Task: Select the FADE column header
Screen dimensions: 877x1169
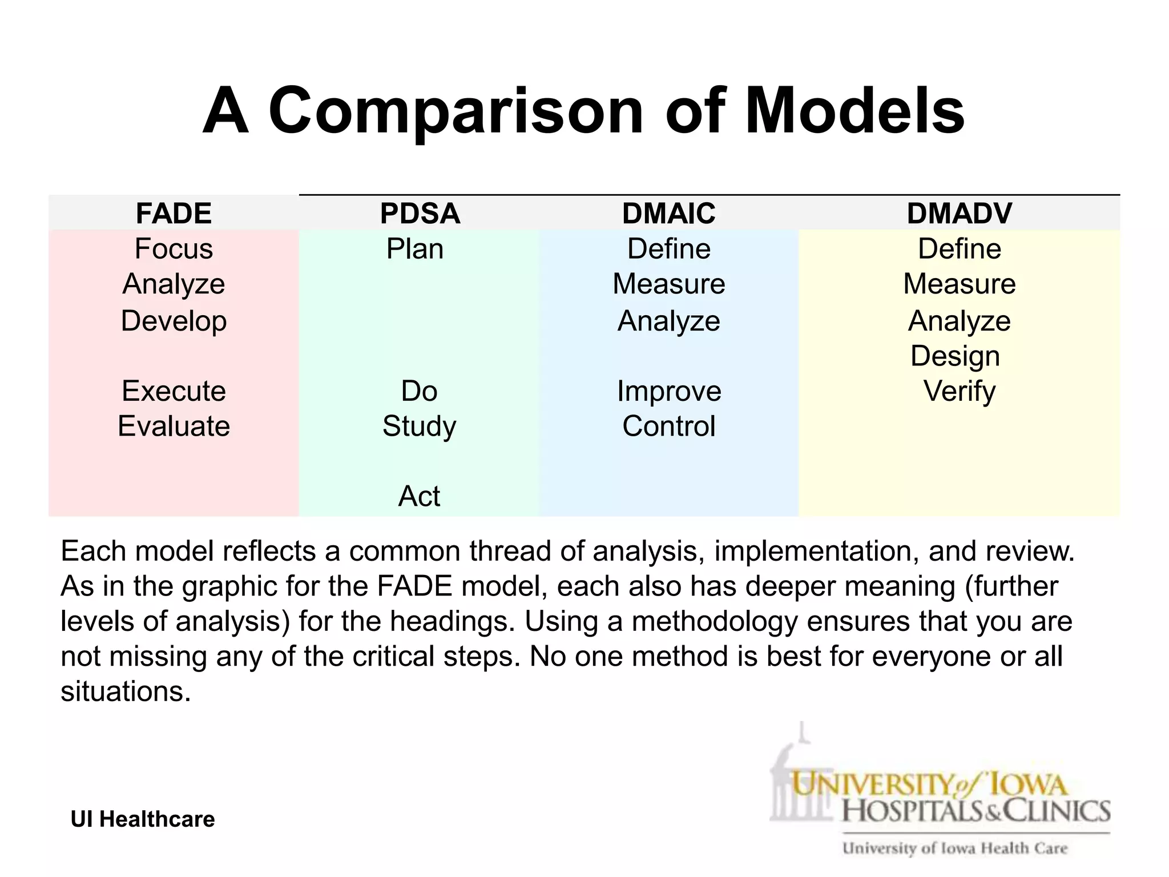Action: [174, 214]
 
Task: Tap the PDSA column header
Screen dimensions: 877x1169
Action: [420, 214]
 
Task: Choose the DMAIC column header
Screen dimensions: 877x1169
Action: [668, 214]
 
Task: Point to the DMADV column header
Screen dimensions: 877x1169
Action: [959, 214]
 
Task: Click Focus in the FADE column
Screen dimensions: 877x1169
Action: [174, 249]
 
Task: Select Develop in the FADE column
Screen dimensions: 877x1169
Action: [174, 321]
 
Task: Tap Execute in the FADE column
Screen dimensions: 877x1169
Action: [174, 391]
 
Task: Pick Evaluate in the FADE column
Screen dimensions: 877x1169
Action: [174, 426]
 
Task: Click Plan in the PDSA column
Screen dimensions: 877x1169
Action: [415, 249]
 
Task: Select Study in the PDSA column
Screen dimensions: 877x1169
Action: [420, 427]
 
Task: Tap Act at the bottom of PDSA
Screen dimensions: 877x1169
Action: [420, 496]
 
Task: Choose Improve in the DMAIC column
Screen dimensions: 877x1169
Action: [669, 391]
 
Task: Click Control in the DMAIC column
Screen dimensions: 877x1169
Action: [668, 426]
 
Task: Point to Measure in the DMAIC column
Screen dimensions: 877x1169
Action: [668, 284]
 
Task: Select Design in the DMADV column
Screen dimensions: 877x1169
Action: [955, 356]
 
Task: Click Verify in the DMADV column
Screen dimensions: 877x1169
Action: [960, 392]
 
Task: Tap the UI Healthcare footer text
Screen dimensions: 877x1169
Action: [143, 819]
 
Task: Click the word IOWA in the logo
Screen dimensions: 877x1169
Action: [1027, 785]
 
